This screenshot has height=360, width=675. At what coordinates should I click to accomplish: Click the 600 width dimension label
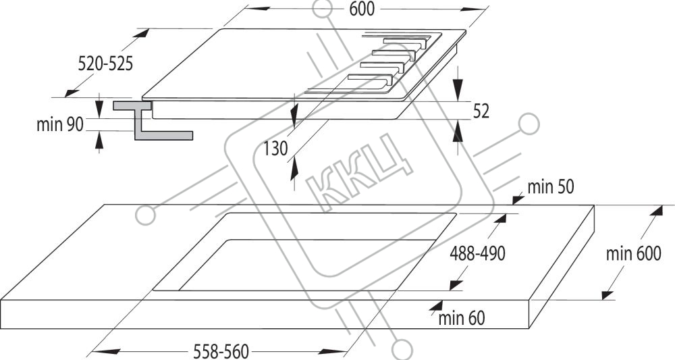coord(362,9)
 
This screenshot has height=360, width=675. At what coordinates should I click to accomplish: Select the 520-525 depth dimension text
coord(105,63)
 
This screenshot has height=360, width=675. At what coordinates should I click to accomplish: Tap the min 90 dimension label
coord(60,124)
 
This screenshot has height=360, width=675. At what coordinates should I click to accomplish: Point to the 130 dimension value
coord(275,149)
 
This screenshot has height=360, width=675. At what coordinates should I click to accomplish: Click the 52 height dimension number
coord(481,111)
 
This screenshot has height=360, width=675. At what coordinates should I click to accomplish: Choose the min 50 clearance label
coord(551,187)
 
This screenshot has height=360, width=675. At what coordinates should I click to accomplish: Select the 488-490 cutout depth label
coord(477,254)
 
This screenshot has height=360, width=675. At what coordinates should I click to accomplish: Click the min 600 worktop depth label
coord(633,254)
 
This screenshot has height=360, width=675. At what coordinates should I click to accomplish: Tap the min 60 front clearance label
coord(462,318)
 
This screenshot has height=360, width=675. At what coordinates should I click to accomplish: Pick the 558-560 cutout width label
coord(221,351)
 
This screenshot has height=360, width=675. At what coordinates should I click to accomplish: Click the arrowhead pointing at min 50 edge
coord(518,199)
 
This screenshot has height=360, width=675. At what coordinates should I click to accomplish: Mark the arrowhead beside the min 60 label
coord(436,307)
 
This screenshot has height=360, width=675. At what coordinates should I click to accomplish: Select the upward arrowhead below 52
coord(458,131)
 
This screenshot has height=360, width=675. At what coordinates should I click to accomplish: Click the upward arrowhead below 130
coord(294,168)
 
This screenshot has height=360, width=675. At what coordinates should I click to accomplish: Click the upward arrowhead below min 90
coord(99,142)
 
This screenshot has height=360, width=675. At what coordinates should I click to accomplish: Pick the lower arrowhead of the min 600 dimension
coord(607,295)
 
